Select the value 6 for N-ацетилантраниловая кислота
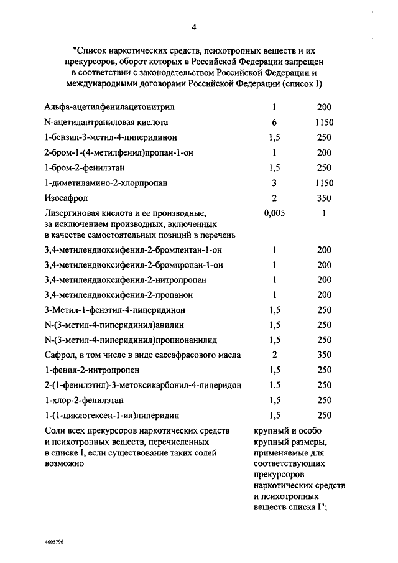[x=274, y=123]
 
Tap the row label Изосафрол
[x=67, y=198]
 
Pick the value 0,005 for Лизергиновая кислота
[x=274, y=213]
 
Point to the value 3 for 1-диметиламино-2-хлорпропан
[x=274, y=184]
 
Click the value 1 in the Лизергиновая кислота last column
[x=325, y=213]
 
